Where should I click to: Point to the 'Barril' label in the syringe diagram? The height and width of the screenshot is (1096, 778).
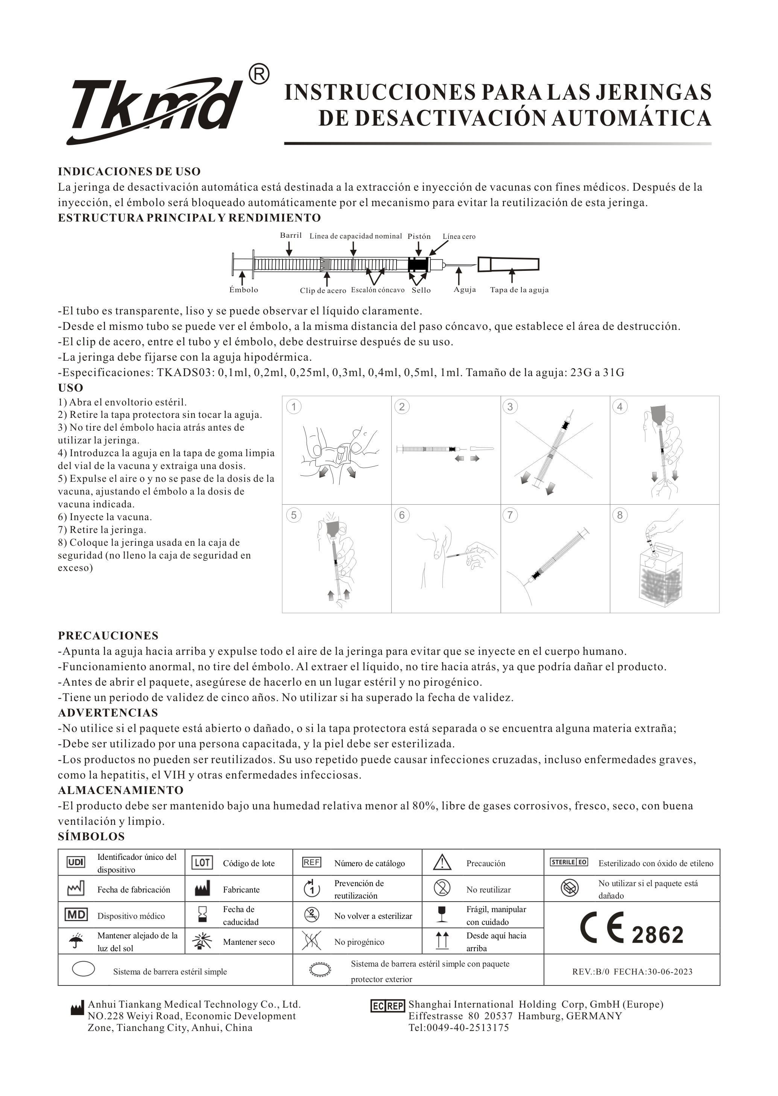pyautogui.click(x=291, y=235)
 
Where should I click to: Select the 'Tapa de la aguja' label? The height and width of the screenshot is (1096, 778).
pyautogui.click(x=519, y=290)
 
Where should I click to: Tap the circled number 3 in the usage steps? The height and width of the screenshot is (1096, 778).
pyautogui.click(x=510, y=407)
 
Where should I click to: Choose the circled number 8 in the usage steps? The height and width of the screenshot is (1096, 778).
pyautogui.click(x=620, y=515)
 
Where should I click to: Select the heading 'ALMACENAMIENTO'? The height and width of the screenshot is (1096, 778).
pyautogui.click(x=121, y=790)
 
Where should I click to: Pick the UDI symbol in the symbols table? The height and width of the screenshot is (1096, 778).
pyautogui.click(x=76, y=862)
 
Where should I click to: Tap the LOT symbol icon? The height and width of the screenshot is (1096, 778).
pyautogui.click(x=202, y=863)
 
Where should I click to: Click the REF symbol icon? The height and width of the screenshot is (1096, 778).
pyautogui.click(x=312, y=862)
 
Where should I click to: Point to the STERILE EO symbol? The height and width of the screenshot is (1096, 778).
pyautogui.click(x=569, y=862)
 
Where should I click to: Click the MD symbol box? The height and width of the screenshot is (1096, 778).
pyautogui.click(x=76, y=915)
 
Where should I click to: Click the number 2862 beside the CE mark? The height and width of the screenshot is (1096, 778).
pyautogui.click(x=657, y=935)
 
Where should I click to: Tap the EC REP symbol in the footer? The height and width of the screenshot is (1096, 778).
pyautogui.click(x=387, y=1006)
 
